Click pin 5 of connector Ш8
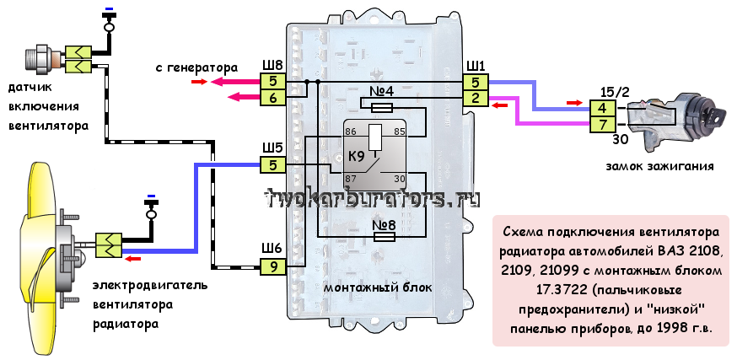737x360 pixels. pos(272,82)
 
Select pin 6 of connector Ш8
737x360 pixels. pos(272,98)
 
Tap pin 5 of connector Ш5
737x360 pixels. pos(272,164)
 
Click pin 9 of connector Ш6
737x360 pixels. pos(272,266)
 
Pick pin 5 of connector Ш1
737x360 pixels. pos(476,83)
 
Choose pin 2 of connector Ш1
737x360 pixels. pos(476,99)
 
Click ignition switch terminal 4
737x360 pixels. pos(602,108)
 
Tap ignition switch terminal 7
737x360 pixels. pos(602,125)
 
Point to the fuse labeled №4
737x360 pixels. pos(382,107)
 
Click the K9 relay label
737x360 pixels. pos(356,157)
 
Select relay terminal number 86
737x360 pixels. pos(351,132)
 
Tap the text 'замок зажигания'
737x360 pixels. pos(659,166)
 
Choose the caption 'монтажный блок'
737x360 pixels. pos(378,287)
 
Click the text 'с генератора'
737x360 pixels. pos(196,67)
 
